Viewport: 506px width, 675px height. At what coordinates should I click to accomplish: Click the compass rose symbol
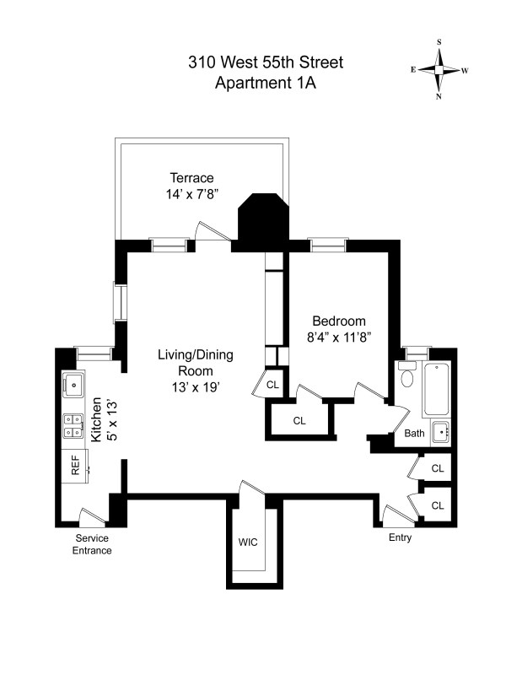pyautogui.click(x=439, y=69)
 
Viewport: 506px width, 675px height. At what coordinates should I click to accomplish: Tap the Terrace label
pyautogui.click(x=192, y=178)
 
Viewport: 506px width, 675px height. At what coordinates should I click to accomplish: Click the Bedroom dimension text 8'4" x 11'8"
pyautogui.click(x=339, y=337)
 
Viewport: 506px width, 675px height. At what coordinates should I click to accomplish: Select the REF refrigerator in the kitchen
pyautogui.click(x=75, y=466)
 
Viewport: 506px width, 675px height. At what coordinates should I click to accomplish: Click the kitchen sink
pyautogui.click(x=73, y=385)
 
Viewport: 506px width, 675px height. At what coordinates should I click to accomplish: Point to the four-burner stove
pyautogui.click(x=73, y=426)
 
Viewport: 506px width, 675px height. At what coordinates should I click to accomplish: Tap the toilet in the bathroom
pyautogui.click(x=406, y=374)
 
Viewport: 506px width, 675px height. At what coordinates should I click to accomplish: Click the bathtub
pyautogui.click(x=436, y=390)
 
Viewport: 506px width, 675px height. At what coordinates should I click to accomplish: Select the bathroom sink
pyautogui.click(x=441, y=432)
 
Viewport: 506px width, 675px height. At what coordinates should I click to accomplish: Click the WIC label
pyautogui.click(x=248, y=542)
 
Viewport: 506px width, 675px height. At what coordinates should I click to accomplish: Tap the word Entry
pyautogui.click(x=400, y=537)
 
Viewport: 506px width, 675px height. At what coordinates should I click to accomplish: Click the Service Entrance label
pyautogui.click(x=92, y=544)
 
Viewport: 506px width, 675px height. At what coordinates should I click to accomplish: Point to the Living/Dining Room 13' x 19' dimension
pyautogui.click(x=196, y=387)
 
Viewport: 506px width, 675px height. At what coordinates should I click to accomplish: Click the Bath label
pyautogui.click(x=414, y=433)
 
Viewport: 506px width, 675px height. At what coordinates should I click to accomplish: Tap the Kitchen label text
pyautogui.click(x=96, y=419)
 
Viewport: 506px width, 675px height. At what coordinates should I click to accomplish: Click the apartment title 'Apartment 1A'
pyautogui.click(x=266, y=82)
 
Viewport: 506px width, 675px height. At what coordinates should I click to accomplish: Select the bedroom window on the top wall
pyautogui.click(x=329, y=245)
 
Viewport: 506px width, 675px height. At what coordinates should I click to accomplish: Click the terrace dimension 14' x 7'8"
pyautogui.click(x=192, y=194)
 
